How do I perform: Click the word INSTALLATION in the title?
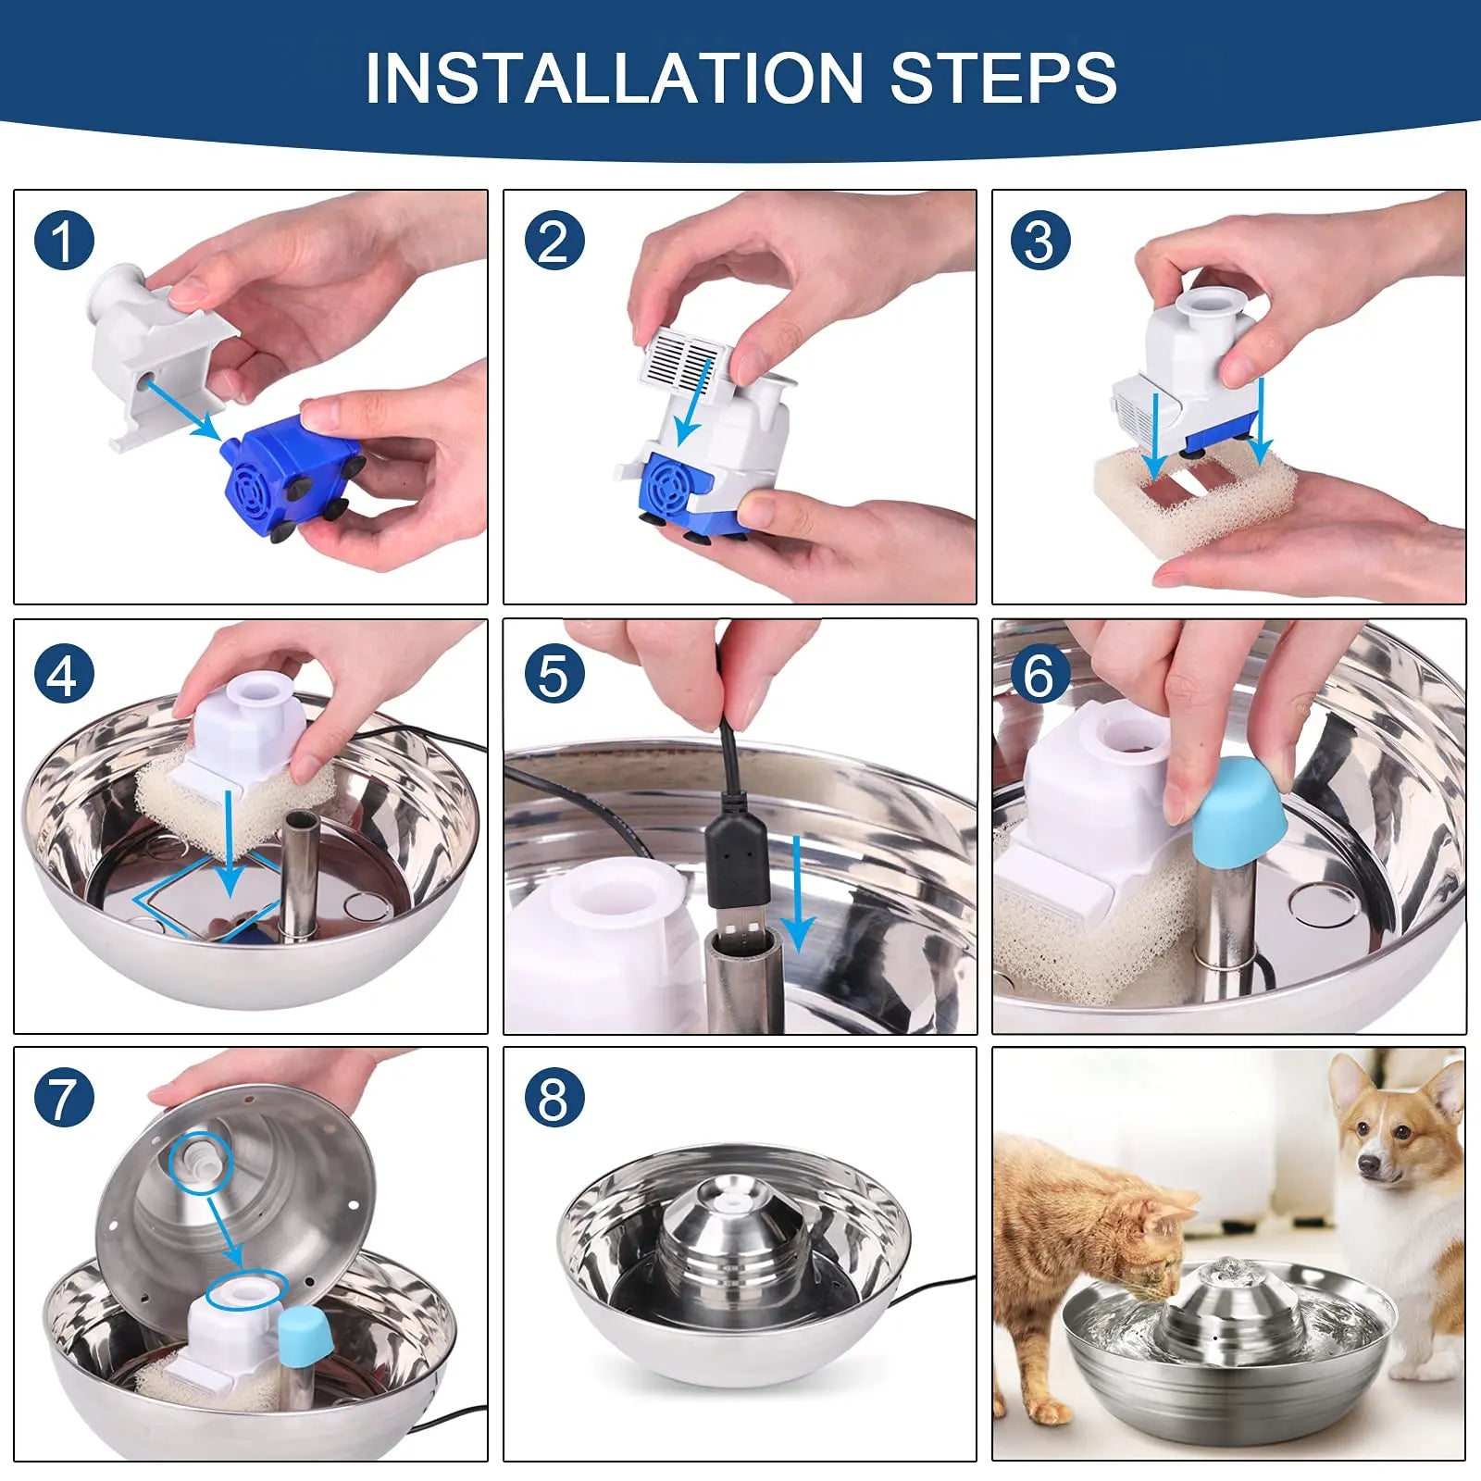(615, 78)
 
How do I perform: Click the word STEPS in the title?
(1003, 78)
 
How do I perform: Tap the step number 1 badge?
(64, 241)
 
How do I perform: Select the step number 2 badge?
(554, 241)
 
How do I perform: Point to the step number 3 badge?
(1040, 241)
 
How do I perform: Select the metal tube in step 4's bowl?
(299, 876)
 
